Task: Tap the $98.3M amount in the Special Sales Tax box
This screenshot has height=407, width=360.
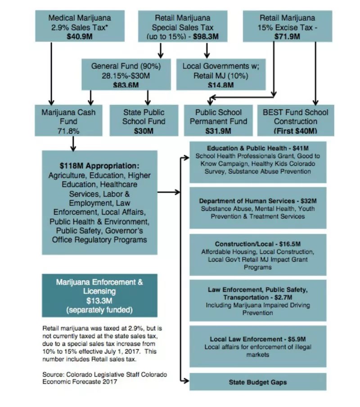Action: coord(206,36)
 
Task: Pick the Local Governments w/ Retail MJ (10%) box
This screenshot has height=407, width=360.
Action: coord(220,75)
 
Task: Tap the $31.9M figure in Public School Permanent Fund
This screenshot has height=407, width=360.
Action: coord(218,131)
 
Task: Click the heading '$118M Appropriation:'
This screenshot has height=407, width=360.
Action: coord(99,165)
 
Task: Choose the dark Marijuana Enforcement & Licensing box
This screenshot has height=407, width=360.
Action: coord(99,295)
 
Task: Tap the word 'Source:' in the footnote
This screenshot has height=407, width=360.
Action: coord(52,375)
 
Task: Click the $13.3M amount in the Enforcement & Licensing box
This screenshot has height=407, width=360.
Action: coord(99,300)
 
